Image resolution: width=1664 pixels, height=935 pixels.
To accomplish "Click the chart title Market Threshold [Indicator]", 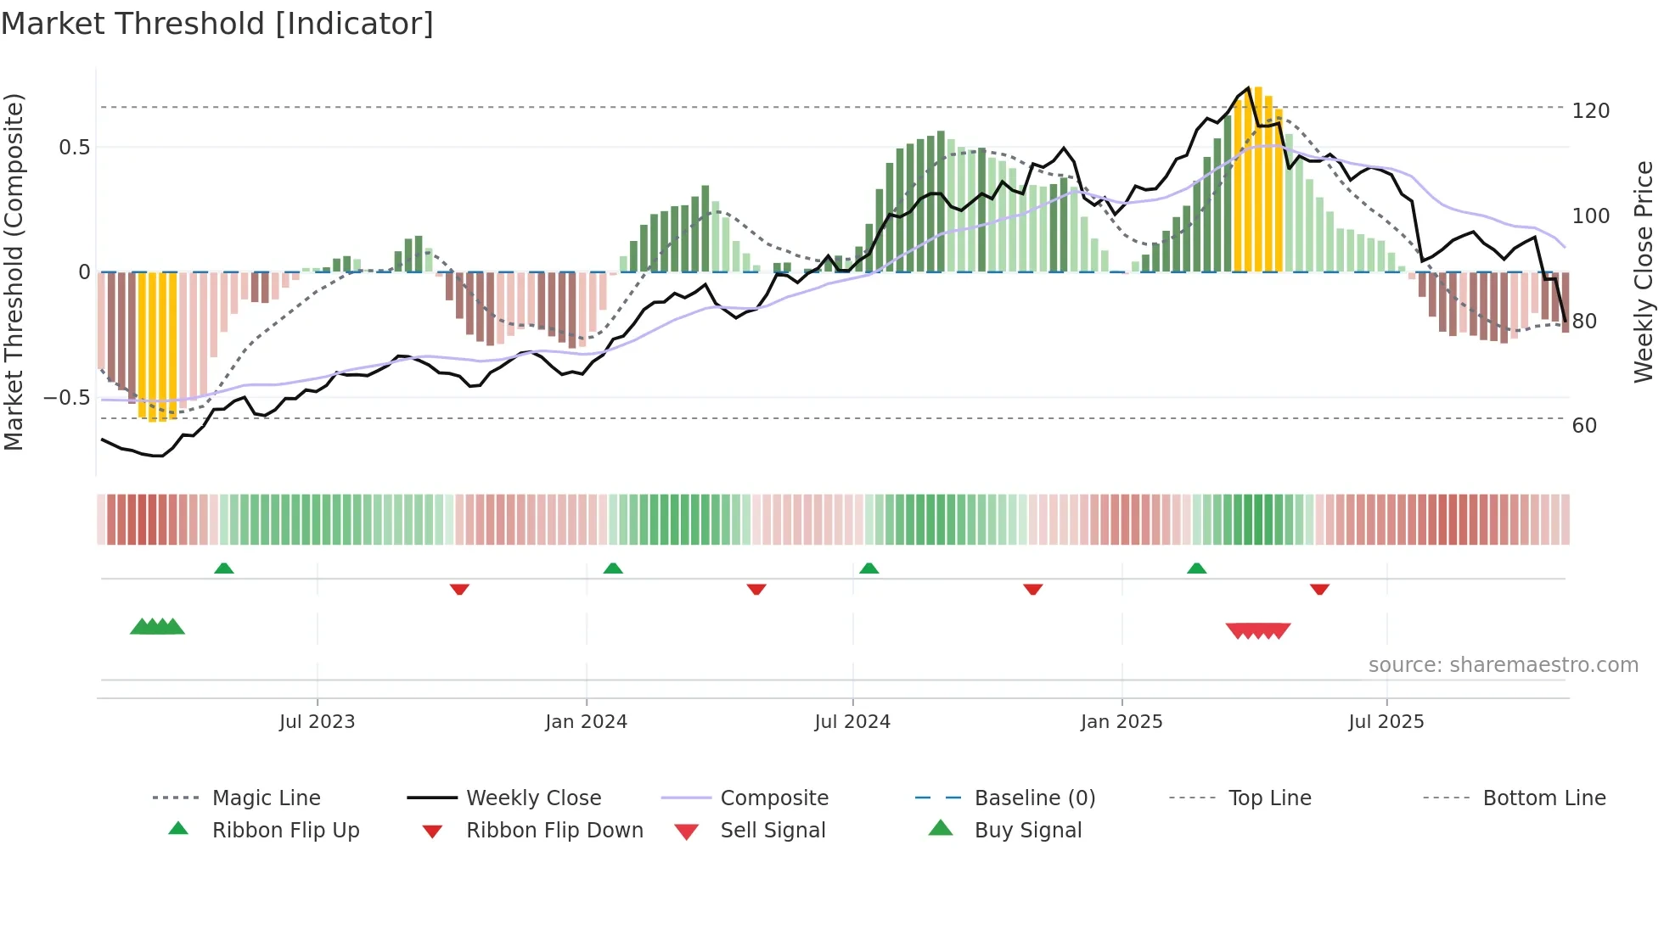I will pos(217,24).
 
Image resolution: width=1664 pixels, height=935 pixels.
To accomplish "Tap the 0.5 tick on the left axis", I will pos(74,148).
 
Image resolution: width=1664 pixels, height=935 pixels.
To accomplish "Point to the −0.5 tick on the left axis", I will pos(67,398).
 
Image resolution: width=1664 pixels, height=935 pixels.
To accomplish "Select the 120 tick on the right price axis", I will pos(1590,111).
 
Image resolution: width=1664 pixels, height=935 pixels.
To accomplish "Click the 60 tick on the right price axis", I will pos(1584,426).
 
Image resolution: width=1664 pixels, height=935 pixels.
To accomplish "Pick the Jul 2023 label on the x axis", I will pos(317,722).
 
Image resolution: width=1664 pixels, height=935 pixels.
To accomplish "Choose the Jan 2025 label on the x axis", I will pos(1121,722).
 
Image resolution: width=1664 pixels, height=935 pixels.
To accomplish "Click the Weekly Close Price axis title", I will pos(1644,272).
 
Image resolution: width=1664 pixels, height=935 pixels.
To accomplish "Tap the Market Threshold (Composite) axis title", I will pos(14,272).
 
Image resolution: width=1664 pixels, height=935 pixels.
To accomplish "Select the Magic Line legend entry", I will pos(266,798).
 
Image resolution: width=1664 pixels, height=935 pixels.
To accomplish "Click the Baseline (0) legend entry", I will pos(1034,798).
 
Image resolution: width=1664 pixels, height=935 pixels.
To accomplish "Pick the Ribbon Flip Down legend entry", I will pos(554,831).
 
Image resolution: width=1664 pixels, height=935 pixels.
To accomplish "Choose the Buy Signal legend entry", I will pos(1027,831).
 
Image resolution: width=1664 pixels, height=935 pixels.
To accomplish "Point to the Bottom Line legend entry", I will pos(1543,798).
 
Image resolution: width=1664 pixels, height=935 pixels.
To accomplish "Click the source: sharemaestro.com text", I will pos(1503,665).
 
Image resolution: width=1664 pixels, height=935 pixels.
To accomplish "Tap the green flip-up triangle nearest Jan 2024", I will pos(613,568).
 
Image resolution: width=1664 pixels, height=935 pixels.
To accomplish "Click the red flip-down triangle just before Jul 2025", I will pos(1319,589).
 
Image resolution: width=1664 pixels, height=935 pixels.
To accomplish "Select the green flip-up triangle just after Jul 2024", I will pos(869,568).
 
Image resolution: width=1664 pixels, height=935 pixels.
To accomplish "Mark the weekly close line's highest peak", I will pos(1248,88).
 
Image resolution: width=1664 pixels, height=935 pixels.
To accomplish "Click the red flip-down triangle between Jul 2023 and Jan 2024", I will pos(459,589).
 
